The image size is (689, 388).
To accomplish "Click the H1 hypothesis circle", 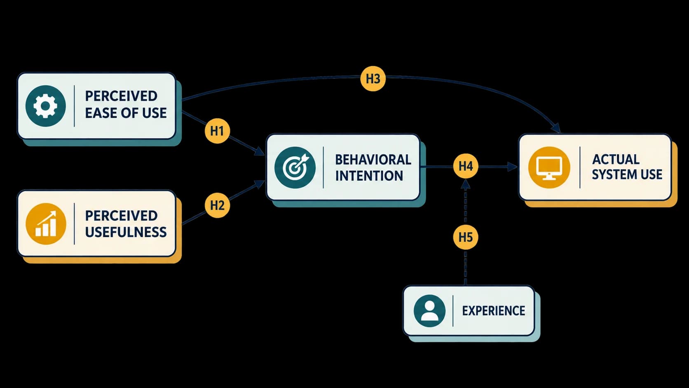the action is pyautogui.click(x=217, y=131).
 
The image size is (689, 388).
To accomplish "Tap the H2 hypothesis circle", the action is pyautogui.click(x=217, y=205).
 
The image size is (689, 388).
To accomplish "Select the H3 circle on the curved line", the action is pyautogui.click(x=373, y=79).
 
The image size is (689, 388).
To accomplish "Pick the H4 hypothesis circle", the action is pyautogui.click(x=466, y=166).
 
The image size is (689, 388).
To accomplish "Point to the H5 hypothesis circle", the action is pyautogui.click(x=466, y=237).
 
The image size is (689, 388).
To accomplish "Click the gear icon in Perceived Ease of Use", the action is pyautogui.click(x=45, y=106).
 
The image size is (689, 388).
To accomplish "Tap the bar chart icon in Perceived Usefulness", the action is pyautogui.click(x=46, y=224).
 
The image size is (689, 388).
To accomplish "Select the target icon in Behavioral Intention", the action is pyautogui.click(x=295, y=167).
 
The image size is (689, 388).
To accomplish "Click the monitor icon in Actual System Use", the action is pyautogui.click(x=549, y=167).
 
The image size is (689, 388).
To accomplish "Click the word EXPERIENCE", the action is pyautogui.click(x=494, y=311).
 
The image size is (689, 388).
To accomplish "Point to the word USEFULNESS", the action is pyautogui.click(x=126, y=232).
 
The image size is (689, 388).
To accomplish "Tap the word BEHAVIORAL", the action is pyautogui.click(x=373, y=160).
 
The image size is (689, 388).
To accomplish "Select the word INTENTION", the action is pyautogui.click(x=369, y=176).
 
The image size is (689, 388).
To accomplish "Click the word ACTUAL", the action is pyautogui.click(x=616, y=160).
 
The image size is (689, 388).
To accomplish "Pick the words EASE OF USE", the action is pyautogui.click(x=126, y=113).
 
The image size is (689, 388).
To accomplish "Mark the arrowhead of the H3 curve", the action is pyautogui.click(x=555, y=128).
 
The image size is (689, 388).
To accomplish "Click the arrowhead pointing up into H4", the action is pyautogui.click(x=466, y=184).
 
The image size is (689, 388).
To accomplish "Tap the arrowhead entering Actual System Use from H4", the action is pyautogui.click(x=513, y=167).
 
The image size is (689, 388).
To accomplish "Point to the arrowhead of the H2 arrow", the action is pyautogui.click(x=260, y=184).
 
